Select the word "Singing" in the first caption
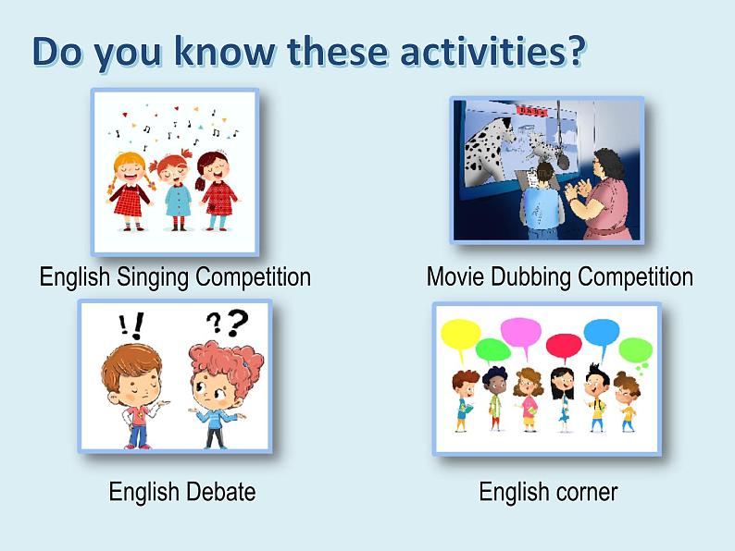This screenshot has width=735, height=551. coord(153,277)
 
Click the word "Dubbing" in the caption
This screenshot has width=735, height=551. coord(531,276)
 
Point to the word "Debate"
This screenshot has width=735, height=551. coord(219,492)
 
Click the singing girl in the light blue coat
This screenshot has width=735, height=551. coord(176,192)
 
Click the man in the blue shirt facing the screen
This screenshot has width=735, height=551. coord(542,202)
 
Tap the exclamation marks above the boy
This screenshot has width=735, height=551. coord(131,324)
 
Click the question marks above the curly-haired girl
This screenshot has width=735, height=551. coord(228,323)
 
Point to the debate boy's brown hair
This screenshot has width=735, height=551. coord(131,362)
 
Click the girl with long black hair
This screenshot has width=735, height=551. coord(562,398)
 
